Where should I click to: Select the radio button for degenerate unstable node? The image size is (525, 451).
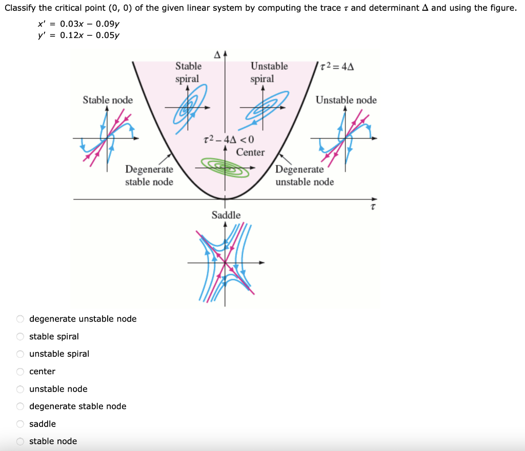coord(21,319)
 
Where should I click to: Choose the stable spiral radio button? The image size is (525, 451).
coord(21,336)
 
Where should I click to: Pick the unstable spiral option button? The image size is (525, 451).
coord(21,354)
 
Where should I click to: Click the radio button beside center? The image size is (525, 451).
coord(21,372)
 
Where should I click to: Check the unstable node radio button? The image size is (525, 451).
coord(21,389)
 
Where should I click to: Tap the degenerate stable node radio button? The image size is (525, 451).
coord(21,406)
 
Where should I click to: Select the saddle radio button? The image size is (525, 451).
coord(21,424)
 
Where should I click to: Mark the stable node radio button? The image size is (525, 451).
coord(21,441)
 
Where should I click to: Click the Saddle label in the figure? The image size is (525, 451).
coord(226,215)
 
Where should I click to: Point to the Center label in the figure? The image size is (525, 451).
coord(250,152)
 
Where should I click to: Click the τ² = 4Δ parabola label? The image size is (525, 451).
coord(337,67)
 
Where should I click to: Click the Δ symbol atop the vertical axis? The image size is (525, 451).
coord(217,54)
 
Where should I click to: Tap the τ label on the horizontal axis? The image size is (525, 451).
coord(373,208)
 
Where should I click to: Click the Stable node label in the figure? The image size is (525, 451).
coord(108,100)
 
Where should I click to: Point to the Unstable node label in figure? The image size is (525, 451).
coord(346,100)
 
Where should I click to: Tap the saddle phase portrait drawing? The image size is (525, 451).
coord(226,263)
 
